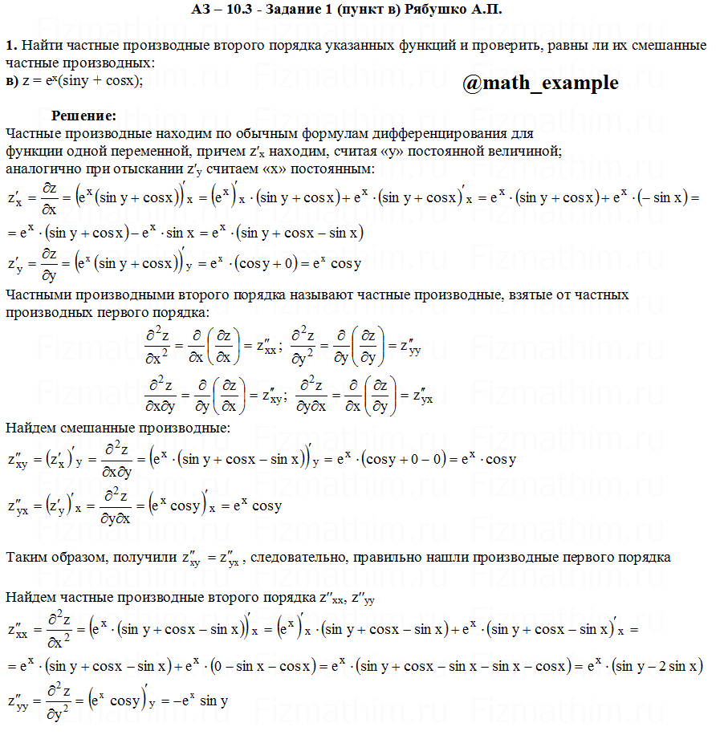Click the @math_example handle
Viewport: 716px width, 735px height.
[x=540, y=83]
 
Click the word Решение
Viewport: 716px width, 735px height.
[x=84, y=116]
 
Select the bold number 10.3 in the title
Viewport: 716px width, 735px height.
[x=244, y=10]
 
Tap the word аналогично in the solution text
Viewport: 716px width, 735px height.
[x=41, y=169]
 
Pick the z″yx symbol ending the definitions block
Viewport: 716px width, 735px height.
[x=421, y=396]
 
